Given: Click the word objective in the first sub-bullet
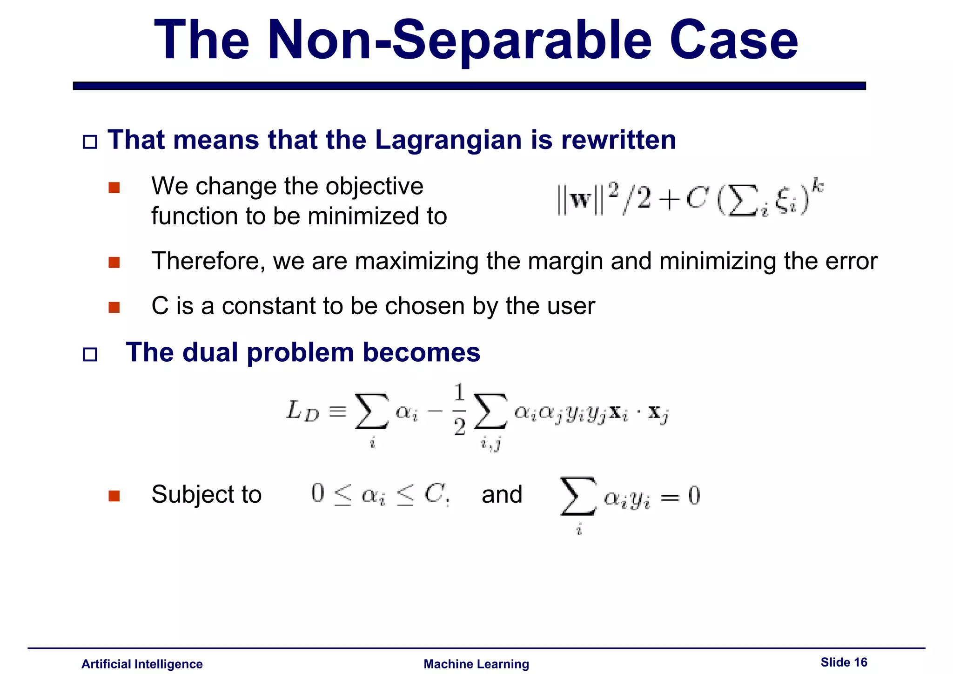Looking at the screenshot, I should [x=374, y=186].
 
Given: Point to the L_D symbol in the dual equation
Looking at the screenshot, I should [x=302, y=411].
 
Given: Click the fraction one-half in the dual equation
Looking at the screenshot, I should [x=459, y=410].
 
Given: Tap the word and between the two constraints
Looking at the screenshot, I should [x=502, y=494].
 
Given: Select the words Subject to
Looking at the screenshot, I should [x=206, y=494].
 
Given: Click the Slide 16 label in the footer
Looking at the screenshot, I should [x=844, y=662].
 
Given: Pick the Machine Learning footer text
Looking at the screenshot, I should [x=476, y=664].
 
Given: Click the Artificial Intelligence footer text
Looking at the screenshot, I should [x=142, y=664].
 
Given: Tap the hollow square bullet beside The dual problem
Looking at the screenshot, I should [x=90, y=355].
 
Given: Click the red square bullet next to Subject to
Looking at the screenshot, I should [x=114, y=496].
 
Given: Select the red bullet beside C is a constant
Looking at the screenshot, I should [x=114, y=308].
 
